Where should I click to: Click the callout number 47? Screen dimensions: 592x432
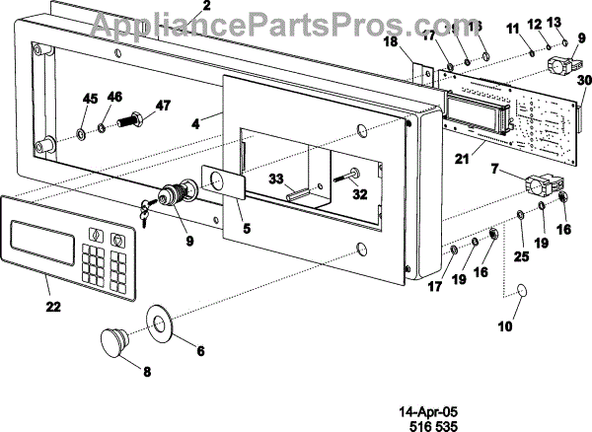point(161,106)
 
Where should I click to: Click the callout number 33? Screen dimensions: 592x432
point(277,179)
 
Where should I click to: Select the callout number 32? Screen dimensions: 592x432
point(359,194)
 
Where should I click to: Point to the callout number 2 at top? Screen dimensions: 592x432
point(206,5)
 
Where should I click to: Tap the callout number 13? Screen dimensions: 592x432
point(554,22)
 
